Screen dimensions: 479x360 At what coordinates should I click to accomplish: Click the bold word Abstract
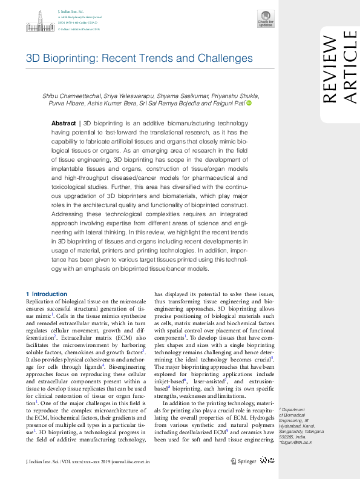[64, 122]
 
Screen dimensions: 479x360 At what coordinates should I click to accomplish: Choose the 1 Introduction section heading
[47, 294]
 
